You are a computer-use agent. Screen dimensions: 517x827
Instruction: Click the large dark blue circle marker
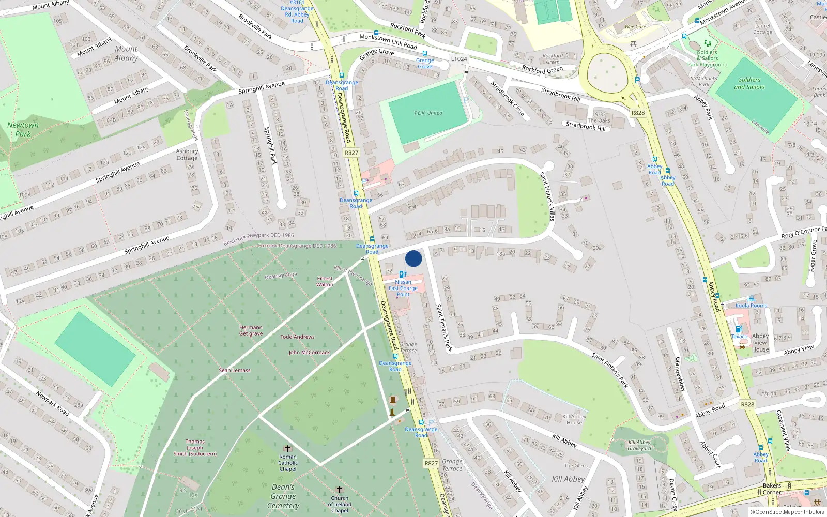pos(413,258)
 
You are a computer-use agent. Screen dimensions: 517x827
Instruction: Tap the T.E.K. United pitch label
pos(428,113)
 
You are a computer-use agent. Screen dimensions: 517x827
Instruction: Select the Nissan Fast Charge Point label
pos(403,288)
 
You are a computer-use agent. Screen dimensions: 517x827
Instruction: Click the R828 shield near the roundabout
pos(638,112)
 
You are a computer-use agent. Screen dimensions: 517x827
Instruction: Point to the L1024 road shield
pos(458,59)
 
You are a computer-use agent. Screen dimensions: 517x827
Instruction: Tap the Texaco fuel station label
pos(739,336)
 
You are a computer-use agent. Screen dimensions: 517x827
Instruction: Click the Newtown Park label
pos(23,129)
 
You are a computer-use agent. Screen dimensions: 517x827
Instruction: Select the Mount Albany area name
pos(126,53)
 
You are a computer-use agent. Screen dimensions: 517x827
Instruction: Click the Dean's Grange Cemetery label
pos(283,496)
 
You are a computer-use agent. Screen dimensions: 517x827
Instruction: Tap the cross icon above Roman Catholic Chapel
pos(288,448)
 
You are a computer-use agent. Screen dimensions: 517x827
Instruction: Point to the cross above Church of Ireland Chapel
pos(340,489)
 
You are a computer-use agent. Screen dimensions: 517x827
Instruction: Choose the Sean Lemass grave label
pos(234,370)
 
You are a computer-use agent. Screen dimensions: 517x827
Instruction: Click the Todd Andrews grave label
pos(297,337)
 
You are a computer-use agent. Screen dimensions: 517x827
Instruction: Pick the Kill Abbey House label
pos(574,419)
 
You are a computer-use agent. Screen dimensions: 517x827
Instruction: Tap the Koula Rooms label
pos(751,305)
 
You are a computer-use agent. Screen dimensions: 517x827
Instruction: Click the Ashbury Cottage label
pos(187,155)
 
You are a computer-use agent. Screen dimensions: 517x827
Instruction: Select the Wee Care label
pos(635,27)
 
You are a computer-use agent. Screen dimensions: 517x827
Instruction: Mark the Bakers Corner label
pos(772,489)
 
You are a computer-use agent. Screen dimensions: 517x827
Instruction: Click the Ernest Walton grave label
pos(325,281)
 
